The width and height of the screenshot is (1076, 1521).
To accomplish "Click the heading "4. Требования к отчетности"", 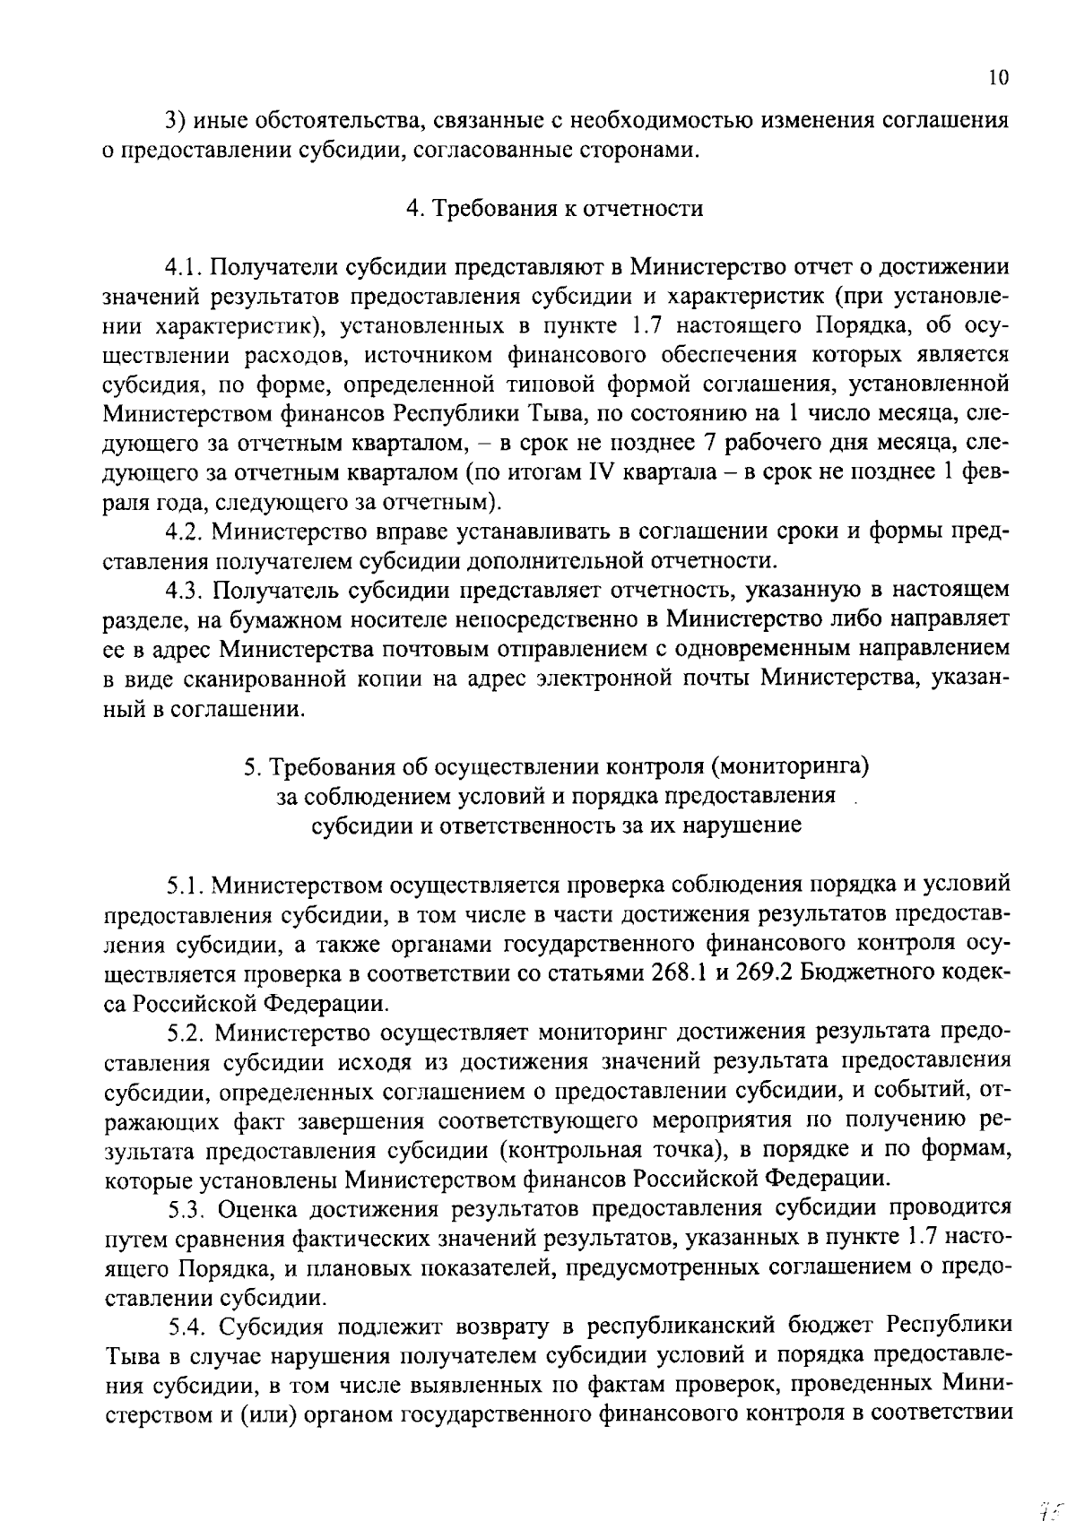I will click(x=553, y=209).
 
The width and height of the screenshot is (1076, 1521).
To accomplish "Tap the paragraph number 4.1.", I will click(x=186, y=267).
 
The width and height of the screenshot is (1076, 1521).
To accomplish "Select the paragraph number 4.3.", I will click(x=186, y=589).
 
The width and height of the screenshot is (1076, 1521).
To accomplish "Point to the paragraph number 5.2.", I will click(x=186, y=1033).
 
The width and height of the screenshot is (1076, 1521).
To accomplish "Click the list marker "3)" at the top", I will click(x=175, y=120).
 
